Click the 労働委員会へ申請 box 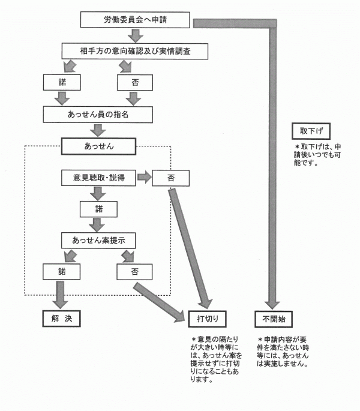135,20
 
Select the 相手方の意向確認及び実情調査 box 135,51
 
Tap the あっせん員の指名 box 96,114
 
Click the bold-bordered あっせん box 99,146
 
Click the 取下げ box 310,130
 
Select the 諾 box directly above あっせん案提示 99,209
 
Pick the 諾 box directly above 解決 61,272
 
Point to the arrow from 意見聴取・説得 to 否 144,177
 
